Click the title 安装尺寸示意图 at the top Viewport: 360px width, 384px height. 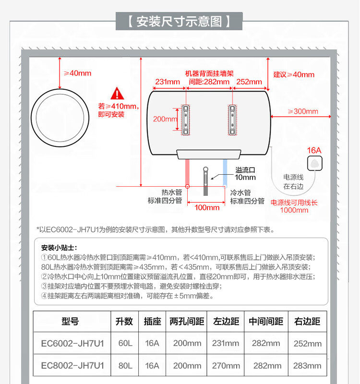click(180, 22)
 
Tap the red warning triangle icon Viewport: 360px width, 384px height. click(117, 94)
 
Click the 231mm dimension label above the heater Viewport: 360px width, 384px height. click(167, 82)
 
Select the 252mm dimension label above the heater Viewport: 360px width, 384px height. click(249, 82)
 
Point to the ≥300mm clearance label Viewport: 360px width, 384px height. click(303, 111)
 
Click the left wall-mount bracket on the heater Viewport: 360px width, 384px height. click(186, 119)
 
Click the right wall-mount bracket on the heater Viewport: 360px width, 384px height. click(232, 119)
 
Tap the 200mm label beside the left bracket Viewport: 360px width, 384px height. click(165, 119)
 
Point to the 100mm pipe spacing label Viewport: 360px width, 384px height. click(207, 207)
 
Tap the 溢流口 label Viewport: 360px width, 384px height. click(245, 170)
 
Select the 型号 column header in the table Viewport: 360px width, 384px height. click(71, 322)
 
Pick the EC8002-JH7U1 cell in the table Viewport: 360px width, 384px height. click(72, 366)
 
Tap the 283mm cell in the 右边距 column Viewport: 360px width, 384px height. click(307, 366)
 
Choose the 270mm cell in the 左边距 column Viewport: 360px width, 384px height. click(226, 366)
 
